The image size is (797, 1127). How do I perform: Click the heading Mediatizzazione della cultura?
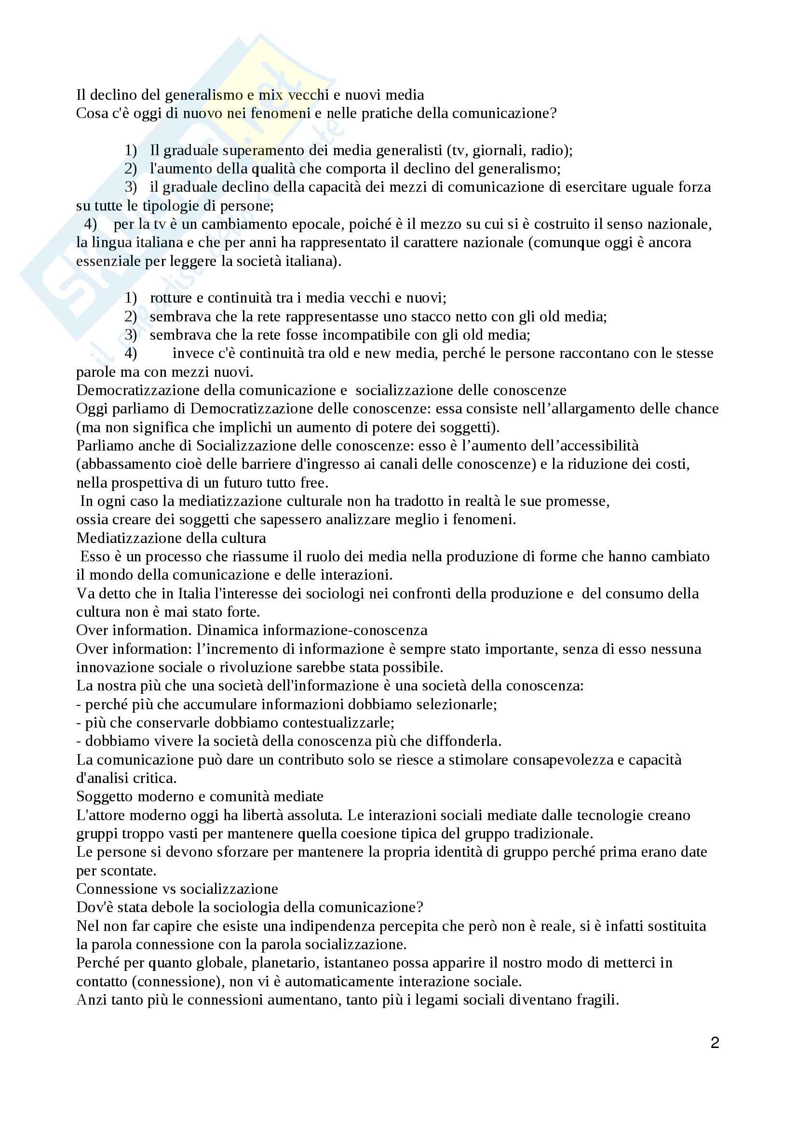click(171, 538)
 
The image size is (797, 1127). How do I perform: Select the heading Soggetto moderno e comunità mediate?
click(200, 796)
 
